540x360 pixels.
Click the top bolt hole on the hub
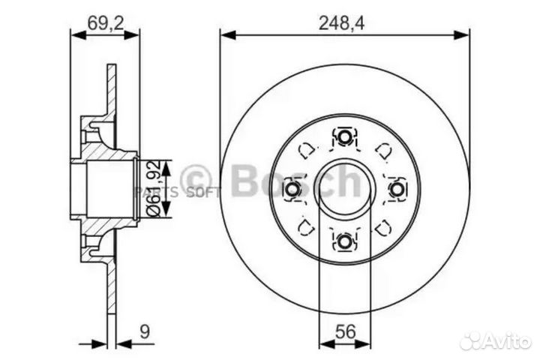[x=344, y=136]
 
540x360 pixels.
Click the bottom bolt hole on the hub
[x=344, y=241]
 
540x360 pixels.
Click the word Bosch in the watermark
[x=296, y=181]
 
